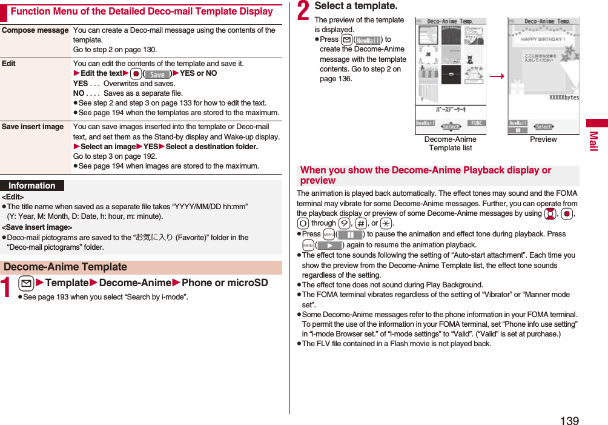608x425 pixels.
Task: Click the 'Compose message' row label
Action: tap(35, 30)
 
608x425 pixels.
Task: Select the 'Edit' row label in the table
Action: tap(9, 64)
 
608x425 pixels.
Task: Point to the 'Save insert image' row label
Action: tap(33, 127)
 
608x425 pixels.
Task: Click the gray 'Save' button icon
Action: tap(157, 74)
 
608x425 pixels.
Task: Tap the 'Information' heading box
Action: tap(32, 186)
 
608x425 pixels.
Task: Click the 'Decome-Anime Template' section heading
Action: tap(65, 267)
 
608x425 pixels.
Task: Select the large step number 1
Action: tap(7, 286)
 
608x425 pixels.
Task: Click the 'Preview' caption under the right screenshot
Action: tap(543, 139)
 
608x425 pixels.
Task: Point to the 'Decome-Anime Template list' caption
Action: tap(450, 144)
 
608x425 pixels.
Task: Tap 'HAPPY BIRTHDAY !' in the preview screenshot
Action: tap(543, 39)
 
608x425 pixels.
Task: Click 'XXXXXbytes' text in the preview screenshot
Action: tap(563, 97)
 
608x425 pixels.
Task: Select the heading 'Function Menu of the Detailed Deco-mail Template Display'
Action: tap(142, 12)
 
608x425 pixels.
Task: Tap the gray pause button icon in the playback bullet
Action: tap(350, 235)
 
